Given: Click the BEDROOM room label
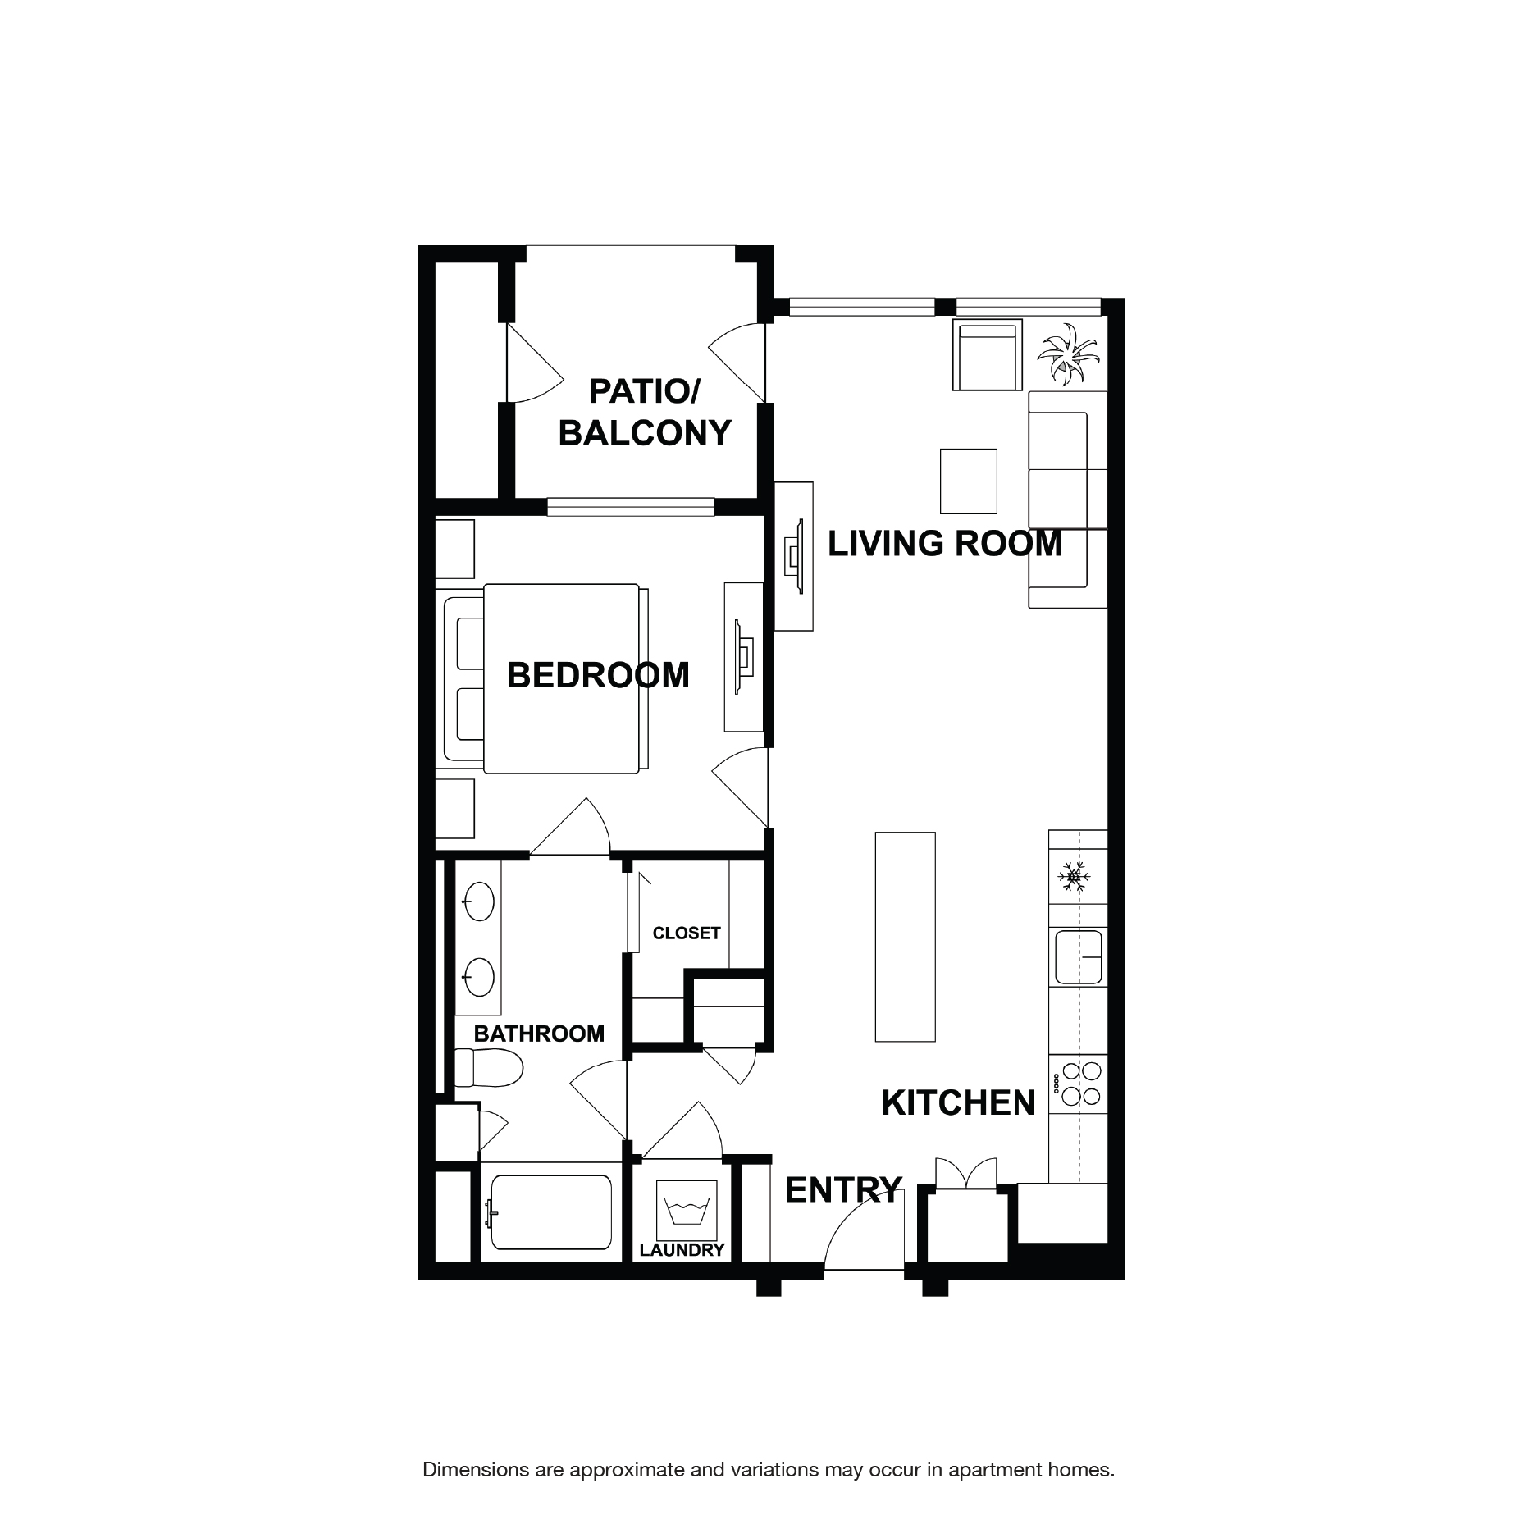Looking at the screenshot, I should [598, 675].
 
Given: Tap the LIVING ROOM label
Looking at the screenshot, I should [944, 544].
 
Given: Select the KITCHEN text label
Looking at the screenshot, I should [958, 1103].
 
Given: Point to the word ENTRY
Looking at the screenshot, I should [843, 1190].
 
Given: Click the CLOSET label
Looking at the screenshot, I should [686, 933].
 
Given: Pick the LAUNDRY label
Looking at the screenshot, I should [682, 1250].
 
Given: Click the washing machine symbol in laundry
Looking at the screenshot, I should [687, 1212].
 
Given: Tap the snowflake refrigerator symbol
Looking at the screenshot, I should [1072, 877].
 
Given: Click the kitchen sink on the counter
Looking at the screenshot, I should [1078, 956].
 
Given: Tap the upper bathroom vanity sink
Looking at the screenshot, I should [478, 902].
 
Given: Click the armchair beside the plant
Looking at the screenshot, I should [987, 355].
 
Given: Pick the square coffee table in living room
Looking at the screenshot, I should [968, 481].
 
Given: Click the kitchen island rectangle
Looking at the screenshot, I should [905, 937].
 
